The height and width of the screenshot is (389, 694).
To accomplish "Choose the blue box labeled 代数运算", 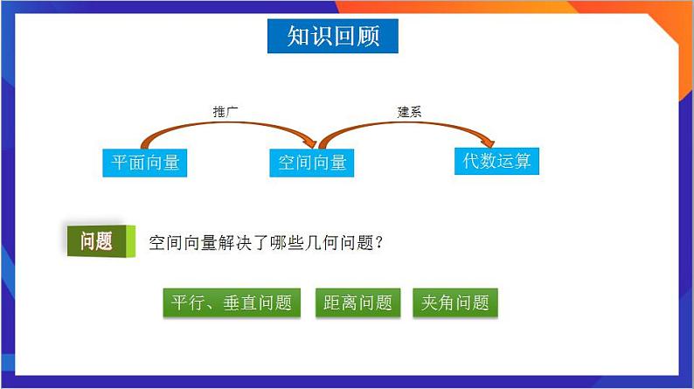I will click(x=496, y=161).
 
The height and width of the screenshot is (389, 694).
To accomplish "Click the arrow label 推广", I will click(x=226, y=112).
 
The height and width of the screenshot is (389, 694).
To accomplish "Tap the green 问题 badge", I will click(x=97, y=241).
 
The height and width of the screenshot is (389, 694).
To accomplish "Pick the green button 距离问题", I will click(x=357, y=303).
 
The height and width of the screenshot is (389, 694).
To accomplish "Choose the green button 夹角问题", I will click(x=455, y=303).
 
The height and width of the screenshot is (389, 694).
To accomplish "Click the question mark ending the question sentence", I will click(x=379, y=243).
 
